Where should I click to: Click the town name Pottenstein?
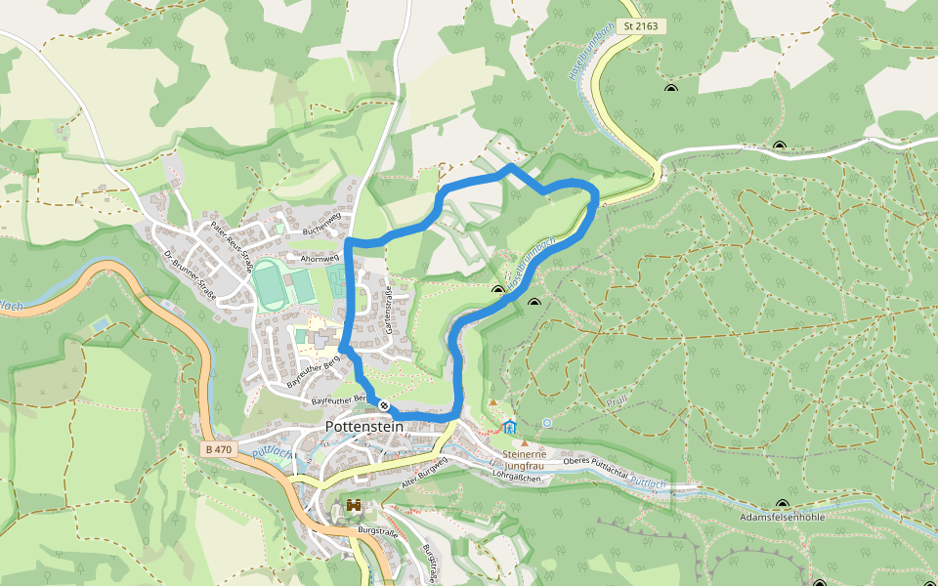(363, 427)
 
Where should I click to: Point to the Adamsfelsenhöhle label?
(785, 517)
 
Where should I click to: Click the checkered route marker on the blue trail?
(385, 405)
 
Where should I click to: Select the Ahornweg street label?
(320, 259)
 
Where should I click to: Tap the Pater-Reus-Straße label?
(232, 246)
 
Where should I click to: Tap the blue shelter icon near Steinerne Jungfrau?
(509, 426)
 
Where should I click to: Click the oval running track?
(268, 285)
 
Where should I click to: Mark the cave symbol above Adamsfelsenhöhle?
(782, 504)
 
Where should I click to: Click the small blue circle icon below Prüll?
(547, 423)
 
